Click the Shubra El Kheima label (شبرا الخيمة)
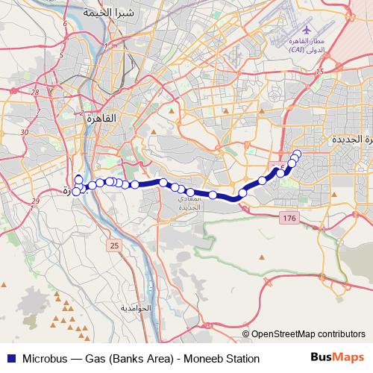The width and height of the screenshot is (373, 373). [x=100, y=13]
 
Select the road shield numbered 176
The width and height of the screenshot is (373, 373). [x=289, y=218]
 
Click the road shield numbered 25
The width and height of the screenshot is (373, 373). [x=113, y=245]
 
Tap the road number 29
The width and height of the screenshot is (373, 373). [x=35, y=202]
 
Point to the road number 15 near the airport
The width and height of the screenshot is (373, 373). [x=321, y=72]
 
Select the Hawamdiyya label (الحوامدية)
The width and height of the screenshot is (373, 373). [x=136, y=308]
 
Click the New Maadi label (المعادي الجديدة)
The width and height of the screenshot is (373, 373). [x=184, y=203]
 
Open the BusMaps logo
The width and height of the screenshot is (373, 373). [x=338, y=358]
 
